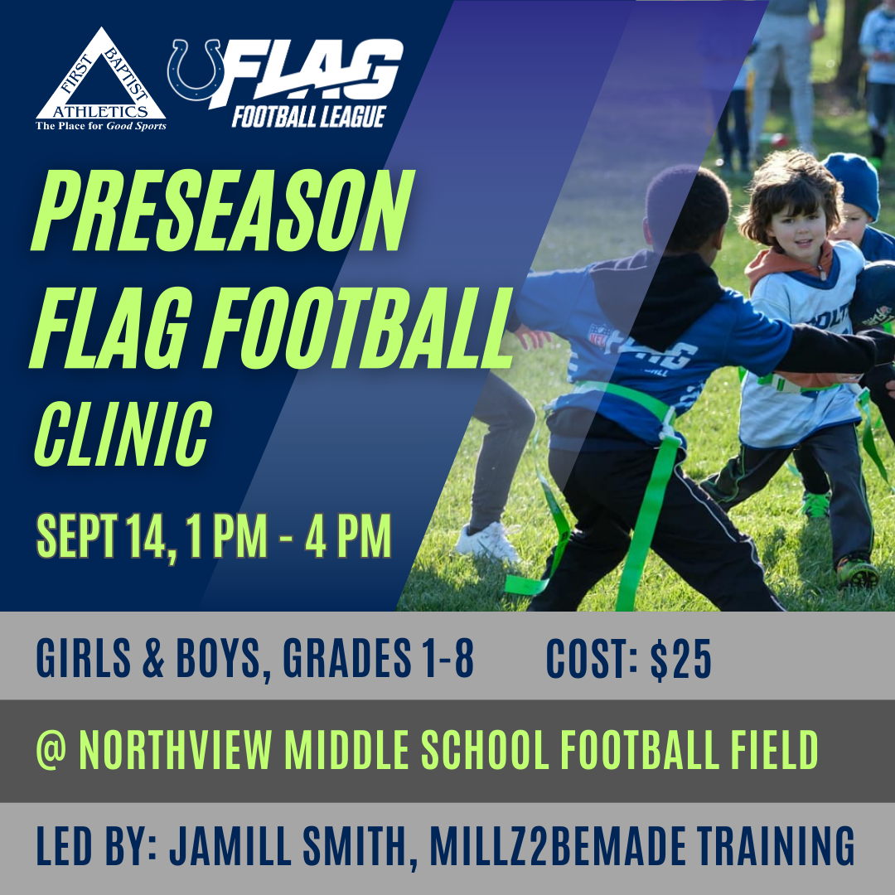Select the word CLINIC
click(x=123, y=433)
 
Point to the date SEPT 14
click(x=106, y=536)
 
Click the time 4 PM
click(x=348, y=535)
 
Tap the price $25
click(x=681, y=660)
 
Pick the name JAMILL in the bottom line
click(x=230, y=844)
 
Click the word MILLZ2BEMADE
click(x=558, y=844)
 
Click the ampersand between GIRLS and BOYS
click(x=152, y=657)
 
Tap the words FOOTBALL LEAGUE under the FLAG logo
click(x=309, y=117)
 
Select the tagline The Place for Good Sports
click(x=101, y=126)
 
